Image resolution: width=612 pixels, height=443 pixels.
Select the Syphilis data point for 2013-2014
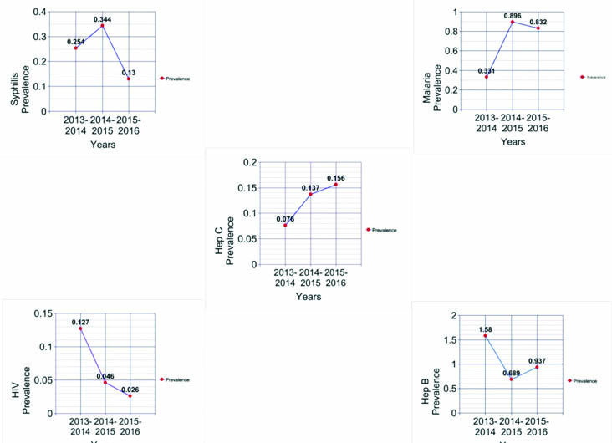(76, 48)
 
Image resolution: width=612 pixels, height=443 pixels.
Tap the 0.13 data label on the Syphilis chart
(129, 73)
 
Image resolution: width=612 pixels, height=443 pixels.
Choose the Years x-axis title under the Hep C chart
(308, 296)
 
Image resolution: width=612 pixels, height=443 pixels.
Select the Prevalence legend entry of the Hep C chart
(384, 230)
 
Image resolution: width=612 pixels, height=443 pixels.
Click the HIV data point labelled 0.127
(81, 329)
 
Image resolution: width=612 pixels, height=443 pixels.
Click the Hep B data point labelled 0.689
(511, 379)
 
